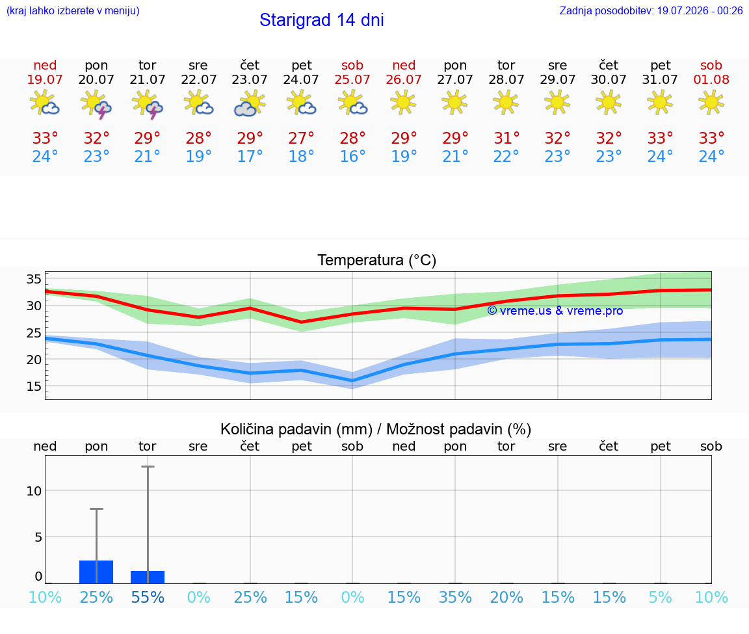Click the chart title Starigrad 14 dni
pos(321,20)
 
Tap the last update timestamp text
pos(651,10)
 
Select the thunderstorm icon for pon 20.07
pos(96,104)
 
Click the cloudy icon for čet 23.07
pos(250,103)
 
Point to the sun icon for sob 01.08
pos(711,102)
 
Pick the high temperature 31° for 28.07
pos(506,139)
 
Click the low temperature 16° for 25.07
pos(352,156)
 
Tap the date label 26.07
pos(404,79)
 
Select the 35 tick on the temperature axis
pos(34,279)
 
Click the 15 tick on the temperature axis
pos(34,386)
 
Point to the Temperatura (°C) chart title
pos(377,260)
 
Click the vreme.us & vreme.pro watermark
pos(555,311)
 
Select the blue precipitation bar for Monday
pos(96,572)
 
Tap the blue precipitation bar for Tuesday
pos(148,577)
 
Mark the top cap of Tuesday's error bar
pos(148,466)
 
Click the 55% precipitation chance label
pos(148,597)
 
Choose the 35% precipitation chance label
pos(455,597)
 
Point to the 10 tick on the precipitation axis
pos(34,491)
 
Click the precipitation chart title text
pos(376,429)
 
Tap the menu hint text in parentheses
pos(73,11)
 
